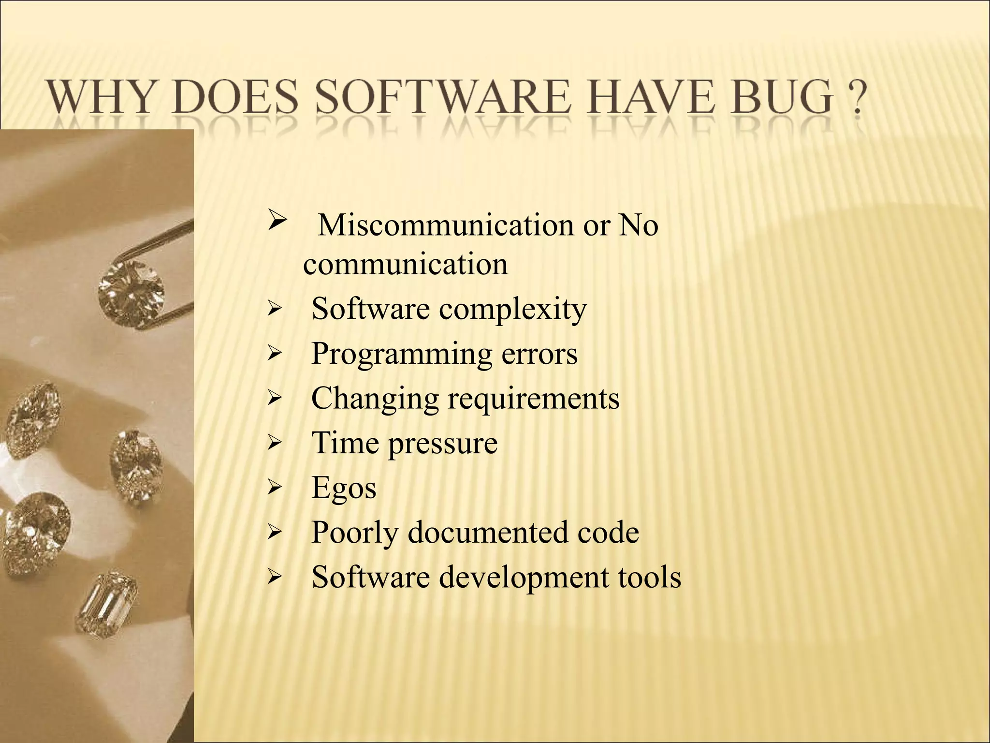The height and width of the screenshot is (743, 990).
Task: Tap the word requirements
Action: (x=533, y=399)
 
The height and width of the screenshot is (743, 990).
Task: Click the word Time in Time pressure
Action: (x=345, y=443)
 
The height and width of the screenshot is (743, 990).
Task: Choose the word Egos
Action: (x=344, y=488)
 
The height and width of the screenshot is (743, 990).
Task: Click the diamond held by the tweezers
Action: (x=131, y=290)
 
